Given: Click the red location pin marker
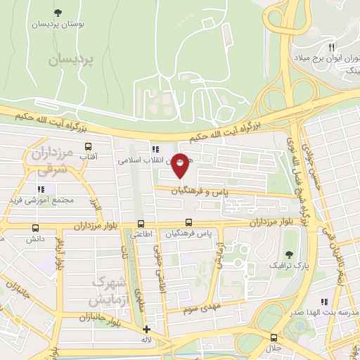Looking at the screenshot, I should [x=180, y=164].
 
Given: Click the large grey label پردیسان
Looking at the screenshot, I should [x=71, y=61].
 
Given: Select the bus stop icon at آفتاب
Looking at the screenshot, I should [x=89, y=147].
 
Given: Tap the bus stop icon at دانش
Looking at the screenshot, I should [x=35, y=228].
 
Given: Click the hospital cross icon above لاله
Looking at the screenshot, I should [x=146, y=329].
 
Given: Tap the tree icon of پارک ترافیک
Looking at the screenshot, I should [x=289, y=255].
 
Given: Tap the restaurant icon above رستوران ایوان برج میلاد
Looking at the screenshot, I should [x=331, y=46].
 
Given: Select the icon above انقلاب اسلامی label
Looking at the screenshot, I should [x=154, y=149].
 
